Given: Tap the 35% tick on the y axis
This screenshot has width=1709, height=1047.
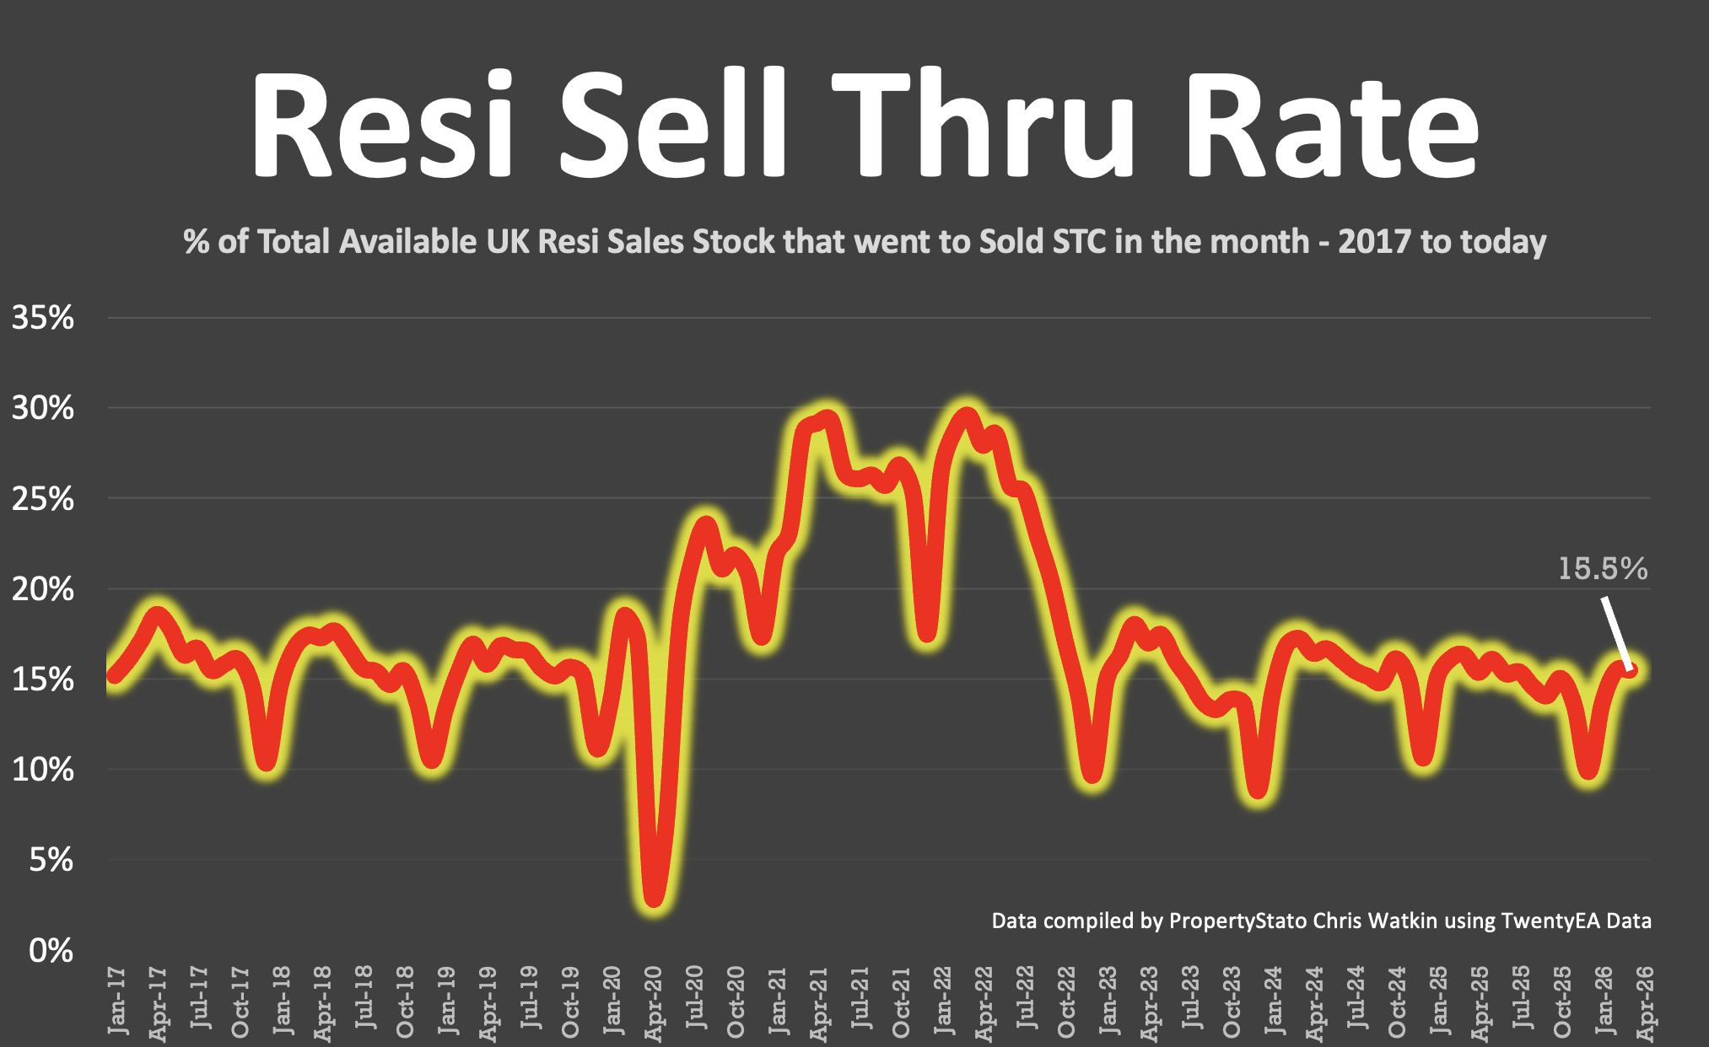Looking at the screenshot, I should (x=42, y=319).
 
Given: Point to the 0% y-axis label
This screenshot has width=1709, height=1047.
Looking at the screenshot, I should (x=51, y=951).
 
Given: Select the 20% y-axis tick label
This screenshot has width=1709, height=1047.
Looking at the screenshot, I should (x=42, y=590).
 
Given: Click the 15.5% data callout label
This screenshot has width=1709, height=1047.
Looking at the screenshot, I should (x=1602, y=569).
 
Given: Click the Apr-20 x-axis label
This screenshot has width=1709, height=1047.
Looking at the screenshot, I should (x=654, y=1003).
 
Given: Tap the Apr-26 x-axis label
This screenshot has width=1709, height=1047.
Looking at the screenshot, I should (x=1645, y=1003).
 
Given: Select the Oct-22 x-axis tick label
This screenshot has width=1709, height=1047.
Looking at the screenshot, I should (x=1067, y=1003).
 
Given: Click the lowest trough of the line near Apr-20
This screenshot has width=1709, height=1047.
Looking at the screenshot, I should (x=655, y=900).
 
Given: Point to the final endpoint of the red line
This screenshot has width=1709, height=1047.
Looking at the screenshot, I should (x=1630, y=670).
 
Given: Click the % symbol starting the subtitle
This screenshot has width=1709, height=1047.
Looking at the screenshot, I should (x=196, y=242).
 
